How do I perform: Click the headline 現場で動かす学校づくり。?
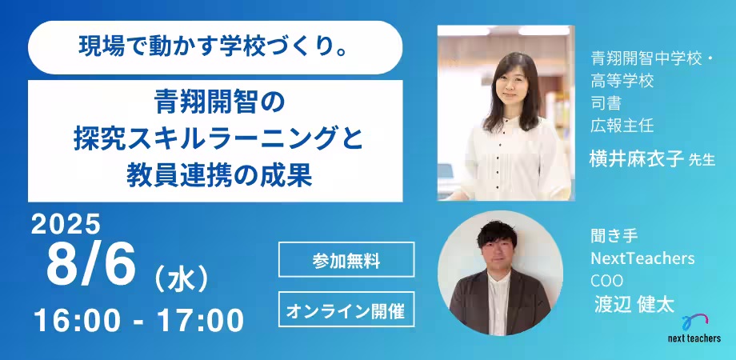pos(214,47)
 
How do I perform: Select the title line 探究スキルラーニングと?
pos(214,138)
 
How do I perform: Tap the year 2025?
pos(66,225)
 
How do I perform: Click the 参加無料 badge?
pos(346,259)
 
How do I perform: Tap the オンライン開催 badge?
pos(346,308)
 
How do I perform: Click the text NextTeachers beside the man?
pos(642,259)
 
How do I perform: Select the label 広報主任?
pos(622,125)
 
